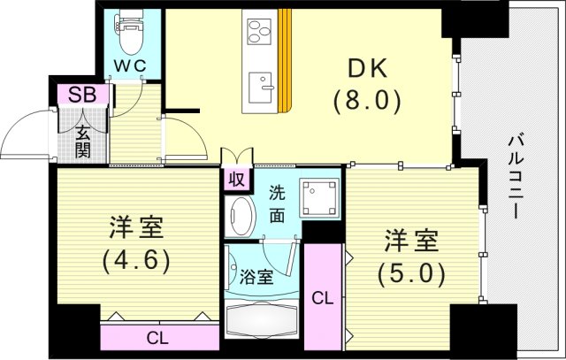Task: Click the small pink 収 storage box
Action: [x=235, y=180]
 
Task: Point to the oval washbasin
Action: [x=240, y=215]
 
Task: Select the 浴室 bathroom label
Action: [x=257, y=277]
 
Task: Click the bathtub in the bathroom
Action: [x=262, y=317]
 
